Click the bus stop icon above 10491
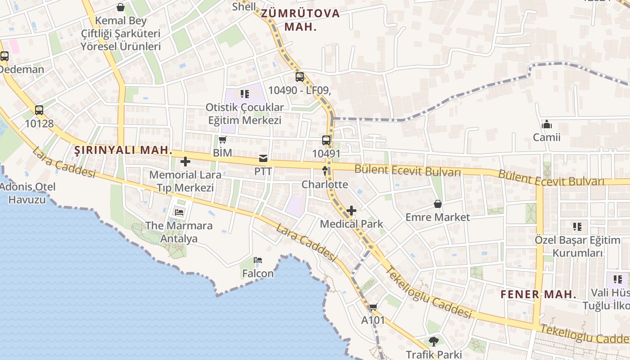pyautogui.click(x=326, y=140)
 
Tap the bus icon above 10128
pyautogui.click(x=39, y=110)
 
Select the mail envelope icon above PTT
pyautogui.click(x=263, y=158)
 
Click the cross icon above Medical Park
pyautogui.click(x=351, y=211)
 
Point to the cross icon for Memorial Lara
pyautogui.click(x=185, y=162)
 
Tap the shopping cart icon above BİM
pyautogui.click(x=222, y=139)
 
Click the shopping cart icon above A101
pyautogui.click(x=373, y=307)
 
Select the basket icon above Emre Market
pyautogui.click(x=437, y=204)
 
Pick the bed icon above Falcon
pyautogui.click(x=258, y=260)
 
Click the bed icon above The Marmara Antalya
pyautogui.click(x=179, y=212)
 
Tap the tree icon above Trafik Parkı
pyautogui.click(x=433, y=342)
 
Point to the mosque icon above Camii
pyautogui.click(x=547, y=124)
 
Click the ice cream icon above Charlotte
pyautogui.click(x=325, y=171)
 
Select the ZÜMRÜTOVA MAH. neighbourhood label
pyautogui.click(x=300, y=20)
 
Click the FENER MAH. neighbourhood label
pyautogui.click(x=538, y=295)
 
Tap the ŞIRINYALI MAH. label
pyautogui.click(x=123, y=150)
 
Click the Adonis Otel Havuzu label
pyautogui.click(x=27, y=193)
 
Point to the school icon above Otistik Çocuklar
pyautogui.click(x=244, y=94)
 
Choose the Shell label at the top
pyautogui.click(x=244, y=7)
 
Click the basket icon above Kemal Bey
pyautogui.click(x=121, y=7)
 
